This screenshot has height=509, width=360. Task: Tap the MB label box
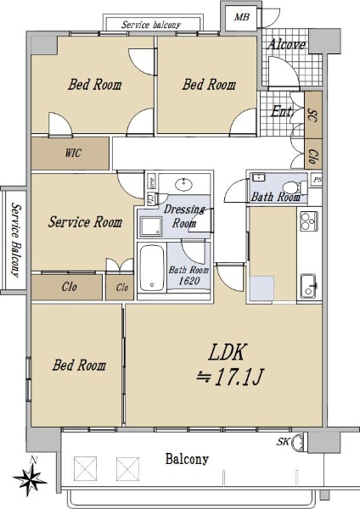coord(241,17)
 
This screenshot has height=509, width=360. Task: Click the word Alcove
coord(286,44)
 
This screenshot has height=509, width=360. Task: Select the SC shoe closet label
coord(312,115)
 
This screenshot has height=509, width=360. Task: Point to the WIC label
coord(73,153)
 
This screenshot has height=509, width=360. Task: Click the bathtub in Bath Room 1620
coord(152,268)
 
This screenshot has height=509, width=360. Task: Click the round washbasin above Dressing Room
coord(183,185)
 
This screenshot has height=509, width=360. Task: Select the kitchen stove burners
coord(309,221)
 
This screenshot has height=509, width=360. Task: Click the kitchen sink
coord(308,286)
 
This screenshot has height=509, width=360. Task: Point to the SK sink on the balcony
coord(298,442)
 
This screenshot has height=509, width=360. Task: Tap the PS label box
coord(317,180)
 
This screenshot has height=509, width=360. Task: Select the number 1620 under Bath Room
coord(188,281)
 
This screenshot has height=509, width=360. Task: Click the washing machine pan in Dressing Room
coord(151,227)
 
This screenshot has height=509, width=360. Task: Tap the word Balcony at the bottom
coord(187,459)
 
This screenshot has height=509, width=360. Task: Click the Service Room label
coord(85,222)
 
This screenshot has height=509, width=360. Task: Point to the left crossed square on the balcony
coord(86,469)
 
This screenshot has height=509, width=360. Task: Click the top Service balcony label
coord(151,25)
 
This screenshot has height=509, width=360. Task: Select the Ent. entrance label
coord(282,112)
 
